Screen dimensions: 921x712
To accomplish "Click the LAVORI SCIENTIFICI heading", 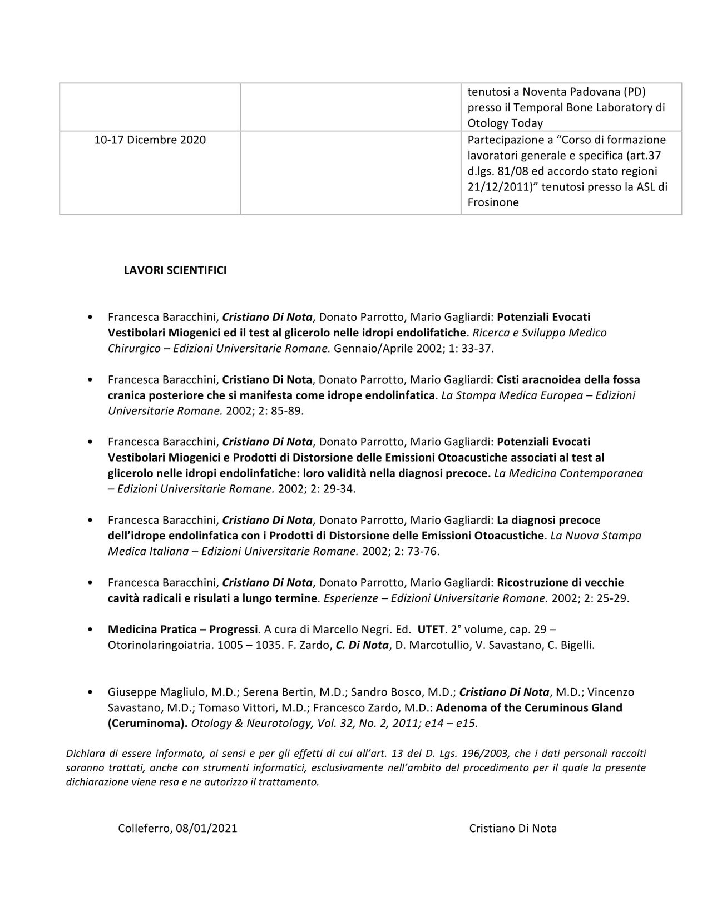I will click(x=175, y=270).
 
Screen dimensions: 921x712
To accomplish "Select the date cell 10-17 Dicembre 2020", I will click(x=150, y=140).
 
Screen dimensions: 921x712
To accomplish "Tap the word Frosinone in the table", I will click(x=493, y=202).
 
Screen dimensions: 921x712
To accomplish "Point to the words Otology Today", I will click(x=505, y=123).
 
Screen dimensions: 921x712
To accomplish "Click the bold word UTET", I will click(x=431, y=630).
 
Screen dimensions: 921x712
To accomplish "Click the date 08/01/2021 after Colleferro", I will click(x=206, y=828).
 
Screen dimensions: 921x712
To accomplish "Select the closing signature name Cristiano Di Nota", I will click(x=512, y=828).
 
